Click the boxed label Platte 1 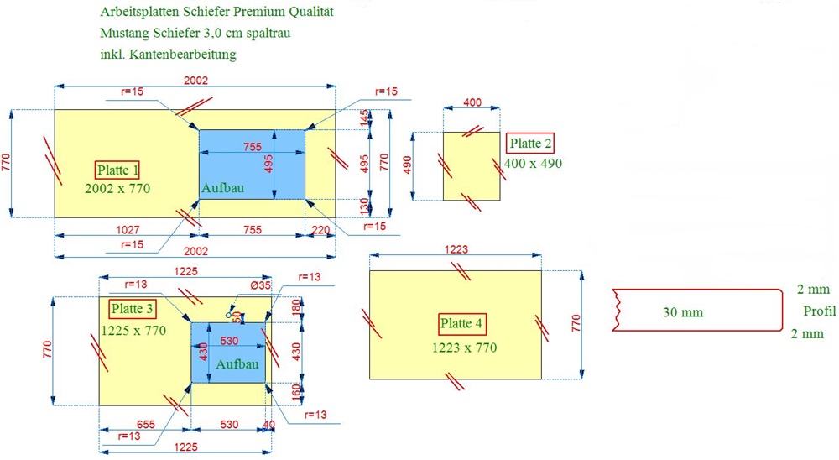(x=117, y=170)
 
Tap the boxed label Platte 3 (x=127, y=308)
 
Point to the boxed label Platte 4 (x=462, y=324)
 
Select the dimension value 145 (x=364, y=118)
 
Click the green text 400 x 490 (x=534, y=163)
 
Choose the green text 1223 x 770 (x=463, y=348)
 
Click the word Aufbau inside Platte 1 (x=222, y=189)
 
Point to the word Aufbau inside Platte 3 (x=237, y=365)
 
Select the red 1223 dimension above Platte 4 (x=456, y=249)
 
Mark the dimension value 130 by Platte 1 (x=364, y=206)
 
